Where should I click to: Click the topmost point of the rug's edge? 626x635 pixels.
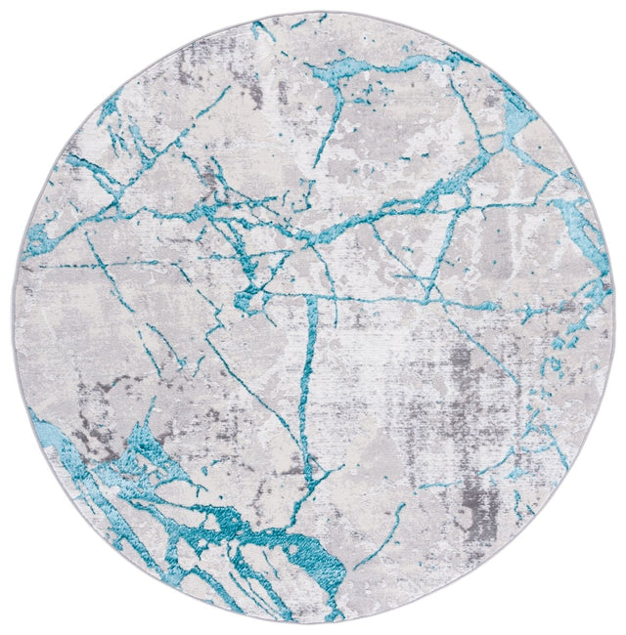(313, 12)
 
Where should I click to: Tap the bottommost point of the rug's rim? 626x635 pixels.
(313, 622)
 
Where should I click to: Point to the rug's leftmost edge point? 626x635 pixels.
(13, 317)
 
